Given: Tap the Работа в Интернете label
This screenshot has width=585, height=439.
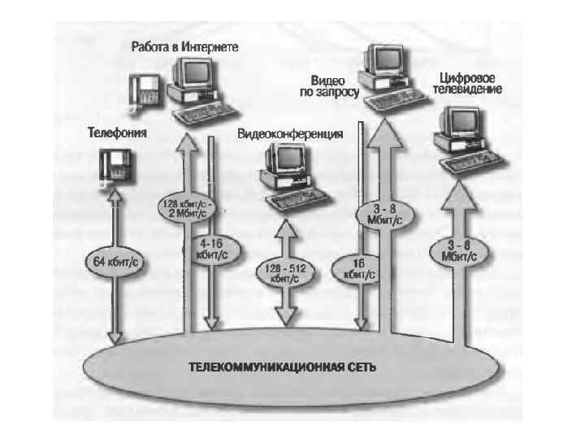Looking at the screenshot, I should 185,48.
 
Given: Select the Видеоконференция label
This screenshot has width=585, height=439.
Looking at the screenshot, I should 290,133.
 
